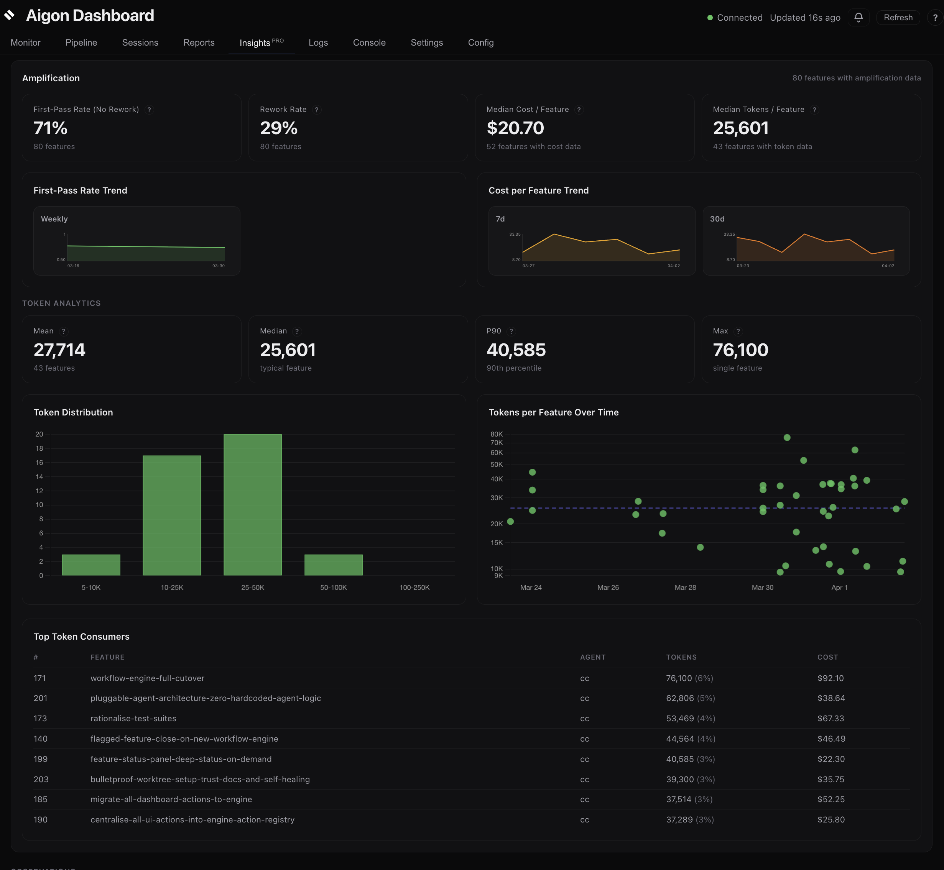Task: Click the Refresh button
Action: click(898, 17)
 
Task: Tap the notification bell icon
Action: click(858, 17)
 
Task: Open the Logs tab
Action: click(318, 43)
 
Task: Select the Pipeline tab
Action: click(81, 43)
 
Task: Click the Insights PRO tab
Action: click(261, 43)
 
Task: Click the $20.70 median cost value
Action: click(515, 128)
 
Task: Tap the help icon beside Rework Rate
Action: click(317, 110)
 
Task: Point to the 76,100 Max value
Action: click(740, 350)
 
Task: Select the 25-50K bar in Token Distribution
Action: click(252, 504)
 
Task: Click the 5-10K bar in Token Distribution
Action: click(91, 565)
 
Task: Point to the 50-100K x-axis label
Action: click(333, 587)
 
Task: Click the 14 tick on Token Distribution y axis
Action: click(39, 476)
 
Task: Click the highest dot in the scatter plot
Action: click(787, 437)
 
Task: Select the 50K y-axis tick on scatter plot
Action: click(497, 464)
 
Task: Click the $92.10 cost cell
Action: click(830, 678)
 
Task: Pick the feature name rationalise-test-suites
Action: click(133, 718)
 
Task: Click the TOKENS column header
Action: click(681, 657)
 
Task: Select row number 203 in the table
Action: click(41, 779)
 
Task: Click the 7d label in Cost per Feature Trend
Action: click(500, 219)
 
